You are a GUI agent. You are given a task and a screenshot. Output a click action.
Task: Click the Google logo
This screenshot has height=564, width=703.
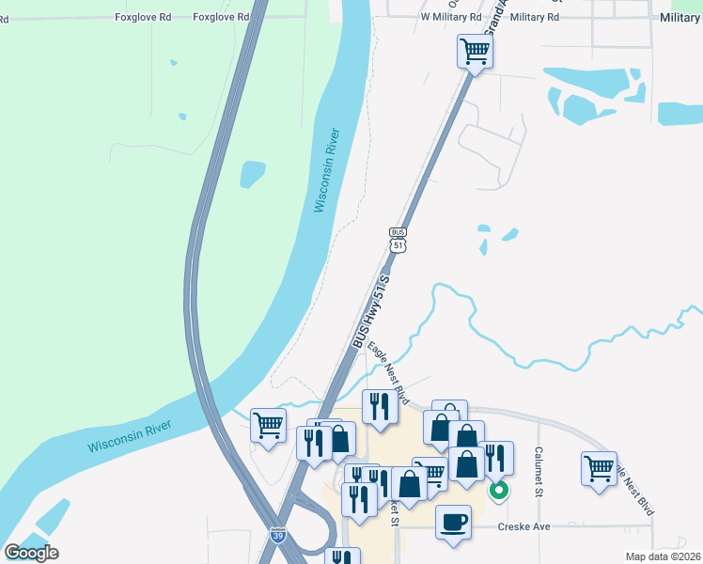pyautogui.click(x=32, y=553)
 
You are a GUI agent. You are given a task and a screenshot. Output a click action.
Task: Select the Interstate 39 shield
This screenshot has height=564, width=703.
pyautogui.click(x=278, y=536)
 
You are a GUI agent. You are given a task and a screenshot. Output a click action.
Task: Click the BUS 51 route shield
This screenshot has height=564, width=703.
pyautogui.click(x=398, y=239)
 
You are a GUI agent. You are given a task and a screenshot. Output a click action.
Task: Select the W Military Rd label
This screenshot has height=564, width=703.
pyautogui.click(x=451, y=17)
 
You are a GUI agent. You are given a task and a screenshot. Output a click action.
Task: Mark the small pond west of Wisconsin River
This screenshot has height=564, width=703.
pyautogui.click(x=253, y=174)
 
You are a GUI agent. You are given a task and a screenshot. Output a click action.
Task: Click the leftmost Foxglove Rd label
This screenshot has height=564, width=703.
pyautogui.click(x=143, y=17)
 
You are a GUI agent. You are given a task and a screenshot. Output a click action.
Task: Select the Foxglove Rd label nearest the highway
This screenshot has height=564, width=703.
pyautogui.click(x=222, y=17)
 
